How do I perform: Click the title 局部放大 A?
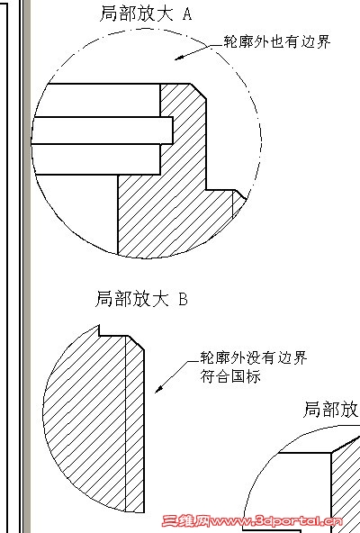click(x=146, y=14)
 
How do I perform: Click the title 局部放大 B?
click(x=141, y=299)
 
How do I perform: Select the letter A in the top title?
click(x=187, y=14)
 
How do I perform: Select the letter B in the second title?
click(x=183, y=300)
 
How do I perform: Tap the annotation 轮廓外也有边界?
click(x=277, y=42)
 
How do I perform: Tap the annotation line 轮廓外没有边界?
click(x=254, y=358)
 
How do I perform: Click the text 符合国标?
click(x=230, y=376)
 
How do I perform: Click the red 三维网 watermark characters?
click(x=185, y=521)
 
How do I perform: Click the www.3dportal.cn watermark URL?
click(x=276, y=521)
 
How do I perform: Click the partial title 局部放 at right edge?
click(x=331, y=410)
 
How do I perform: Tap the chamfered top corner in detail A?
click(x=198, y=91)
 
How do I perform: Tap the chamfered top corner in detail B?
click(x=136, y=343)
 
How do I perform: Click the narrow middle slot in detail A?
click(x=102, y=131)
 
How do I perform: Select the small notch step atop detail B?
click(x=100, y=330)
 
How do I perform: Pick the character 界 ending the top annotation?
click(x=323, y=42)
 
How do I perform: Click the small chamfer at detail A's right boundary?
click(x=240, y=194)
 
